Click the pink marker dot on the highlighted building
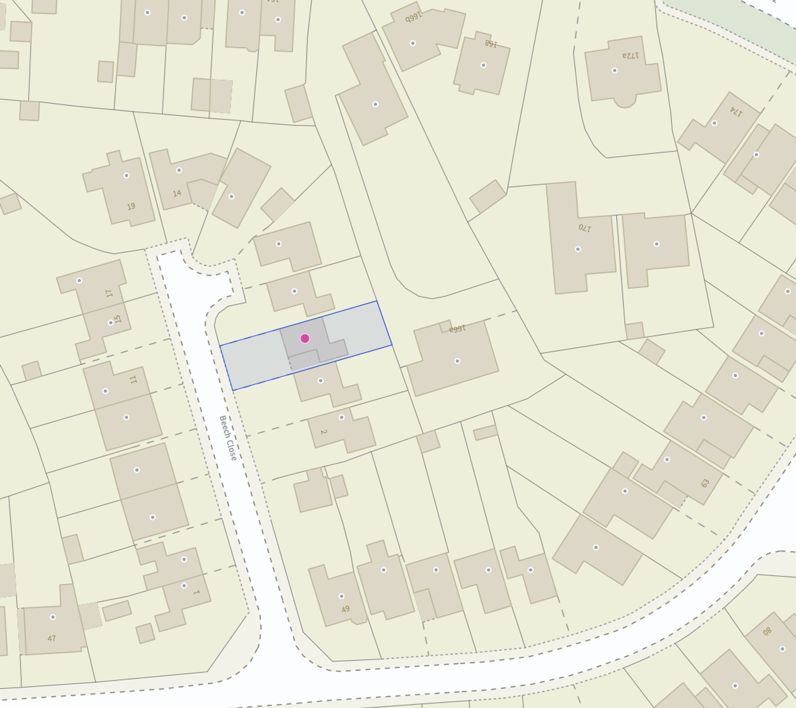[x=305, y=338]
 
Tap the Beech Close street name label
[x=228, y=438]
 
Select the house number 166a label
[x=457, y=329]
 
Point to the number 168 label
[x=491, y=43]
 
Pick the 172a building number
[x=630, y=55]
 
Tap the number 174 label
[x=736, y=112]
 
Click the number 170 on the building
[x=585, y=228]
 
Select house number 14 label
[x=177, y=193]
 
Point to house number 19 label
[x=131, y=206]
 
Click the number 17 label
[x=109, y=293]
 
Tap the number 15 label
[x=117, y=319]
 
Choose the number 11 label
[x=133, y=379]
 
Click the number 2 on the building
[x=324, y=432]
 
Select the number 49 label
[x=345, y=609]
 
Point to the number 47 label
[x=51, y=638]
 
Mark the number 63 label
[x=705, y=483]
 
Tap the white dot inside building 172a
[x=615, y=71]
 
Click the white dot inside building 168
[x=483, y=65]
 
